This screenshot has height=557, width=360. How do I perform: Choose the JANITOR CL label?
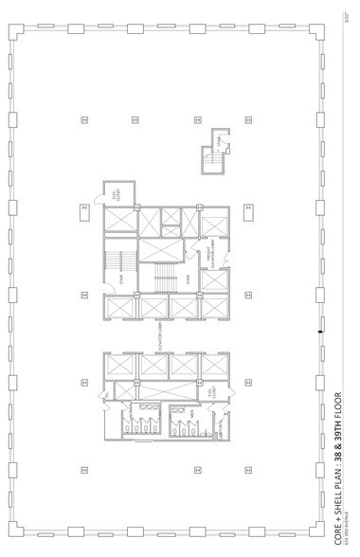click(x=220, y=429)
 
